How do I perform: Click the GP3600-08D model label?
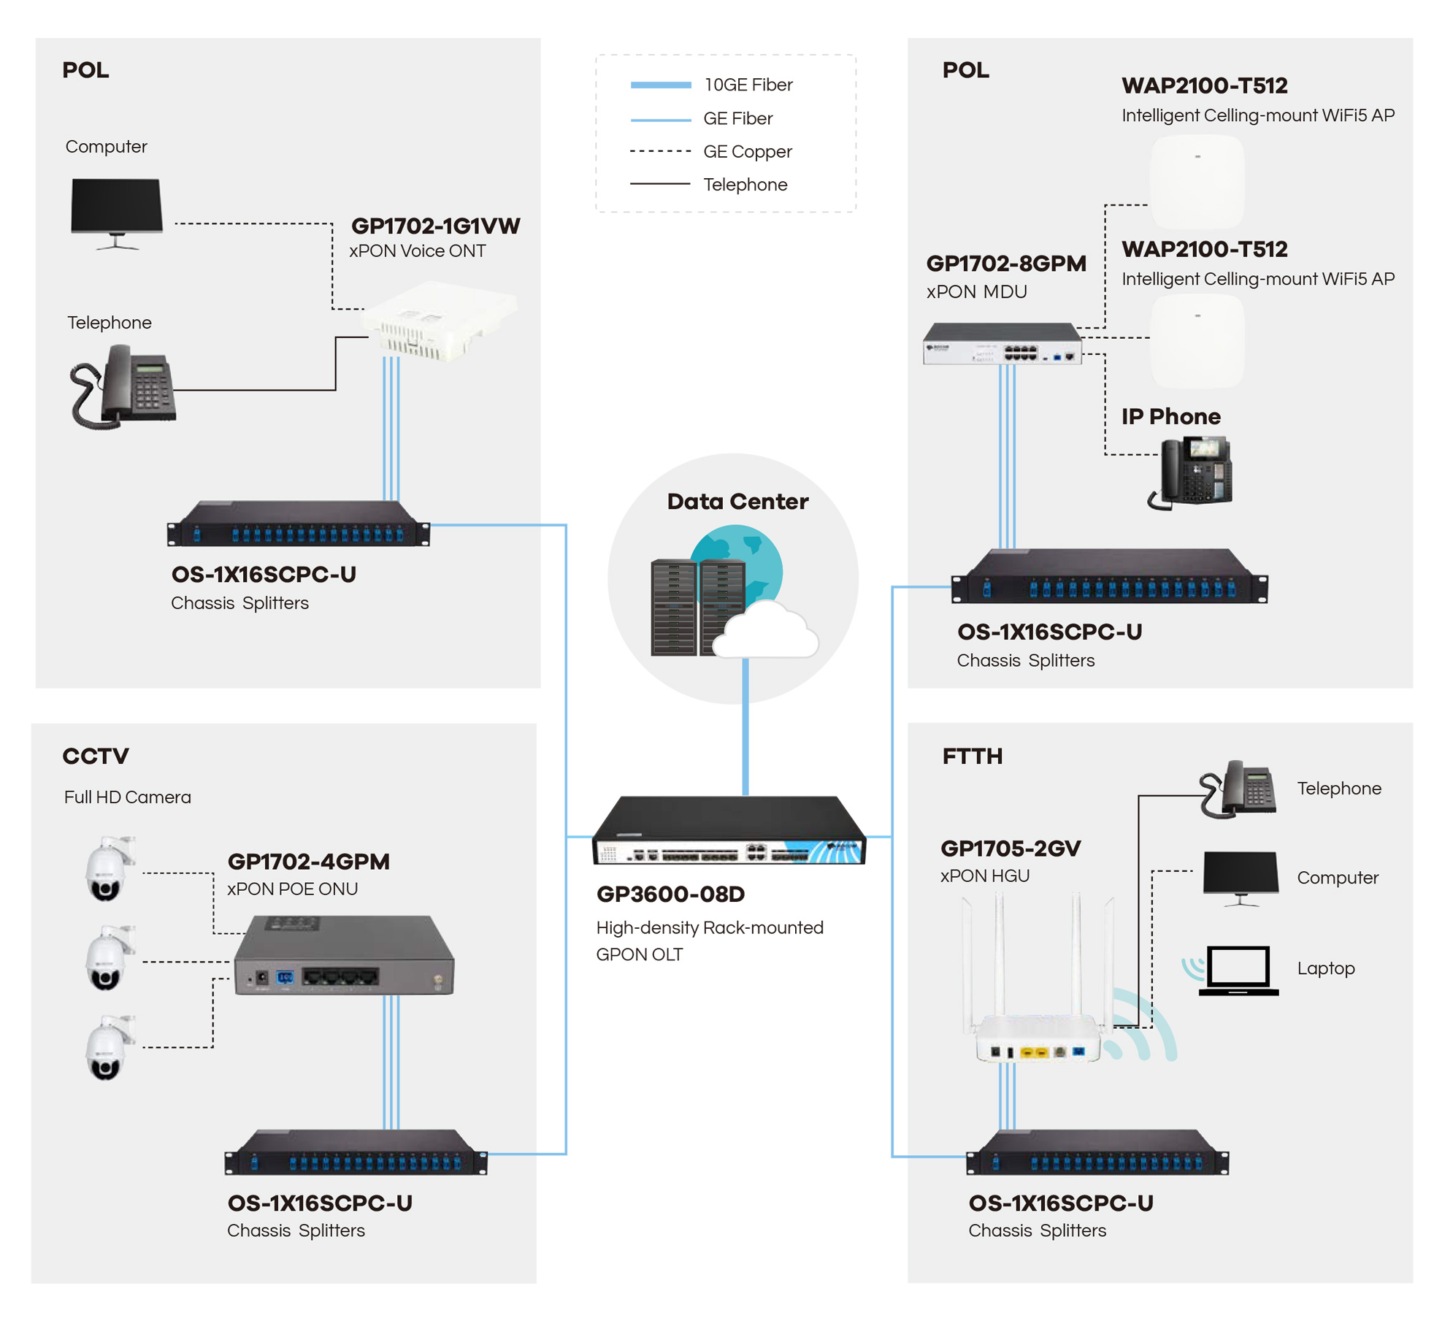tap(670, 894)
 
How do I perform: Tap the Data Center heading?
tap(737, 501)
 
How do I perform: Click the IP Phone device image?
tap(1192, 472)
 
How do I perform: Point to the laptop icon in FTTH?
tap(1238, 970)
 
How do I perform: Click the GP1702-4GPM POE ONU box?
tap(343, 954)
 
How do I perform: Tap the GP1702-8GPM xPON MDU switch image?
tap(1002, 342)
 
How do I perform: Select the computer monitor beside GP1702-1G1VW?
tap(117, 213)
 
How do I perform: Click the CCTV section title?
tap(96, 756)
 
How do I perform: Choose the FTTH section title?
tap(972, 756)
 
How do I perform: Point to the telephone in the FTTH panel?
tap(1238, 789)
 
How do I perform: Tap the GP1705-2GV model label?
tap(1010, 848)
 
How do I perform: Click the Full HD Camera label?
tap(127, 797)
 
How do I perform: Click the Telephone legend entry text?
tap(745, 184)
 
